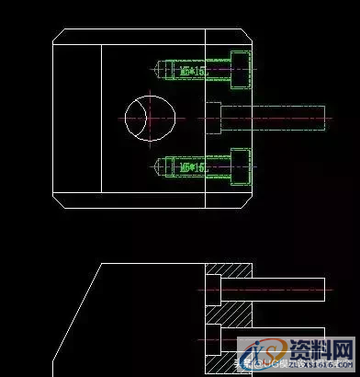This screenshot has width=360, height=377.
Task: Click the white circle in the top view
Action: click(x=149, y=117)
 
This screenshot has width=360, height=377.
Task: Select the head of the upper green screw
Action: click(x=241, y=68)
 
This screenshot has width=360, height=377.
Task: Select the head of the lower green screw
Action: click(x=241, y=167)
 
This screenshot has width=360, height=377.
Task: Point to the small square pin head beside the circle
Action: click(x=213, y=118)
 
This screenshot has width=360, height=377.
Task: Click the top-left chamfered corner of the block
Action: click(x=60, y=37)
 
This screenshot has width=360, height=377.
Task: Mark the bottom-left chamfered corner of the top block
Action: click(x=60, y=200)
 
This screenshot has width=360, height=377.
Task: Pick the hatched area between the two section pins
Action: click(x=229, y=313)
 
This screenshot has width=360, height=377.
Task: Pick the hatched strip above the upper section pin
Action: click(x=229, y=270)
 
